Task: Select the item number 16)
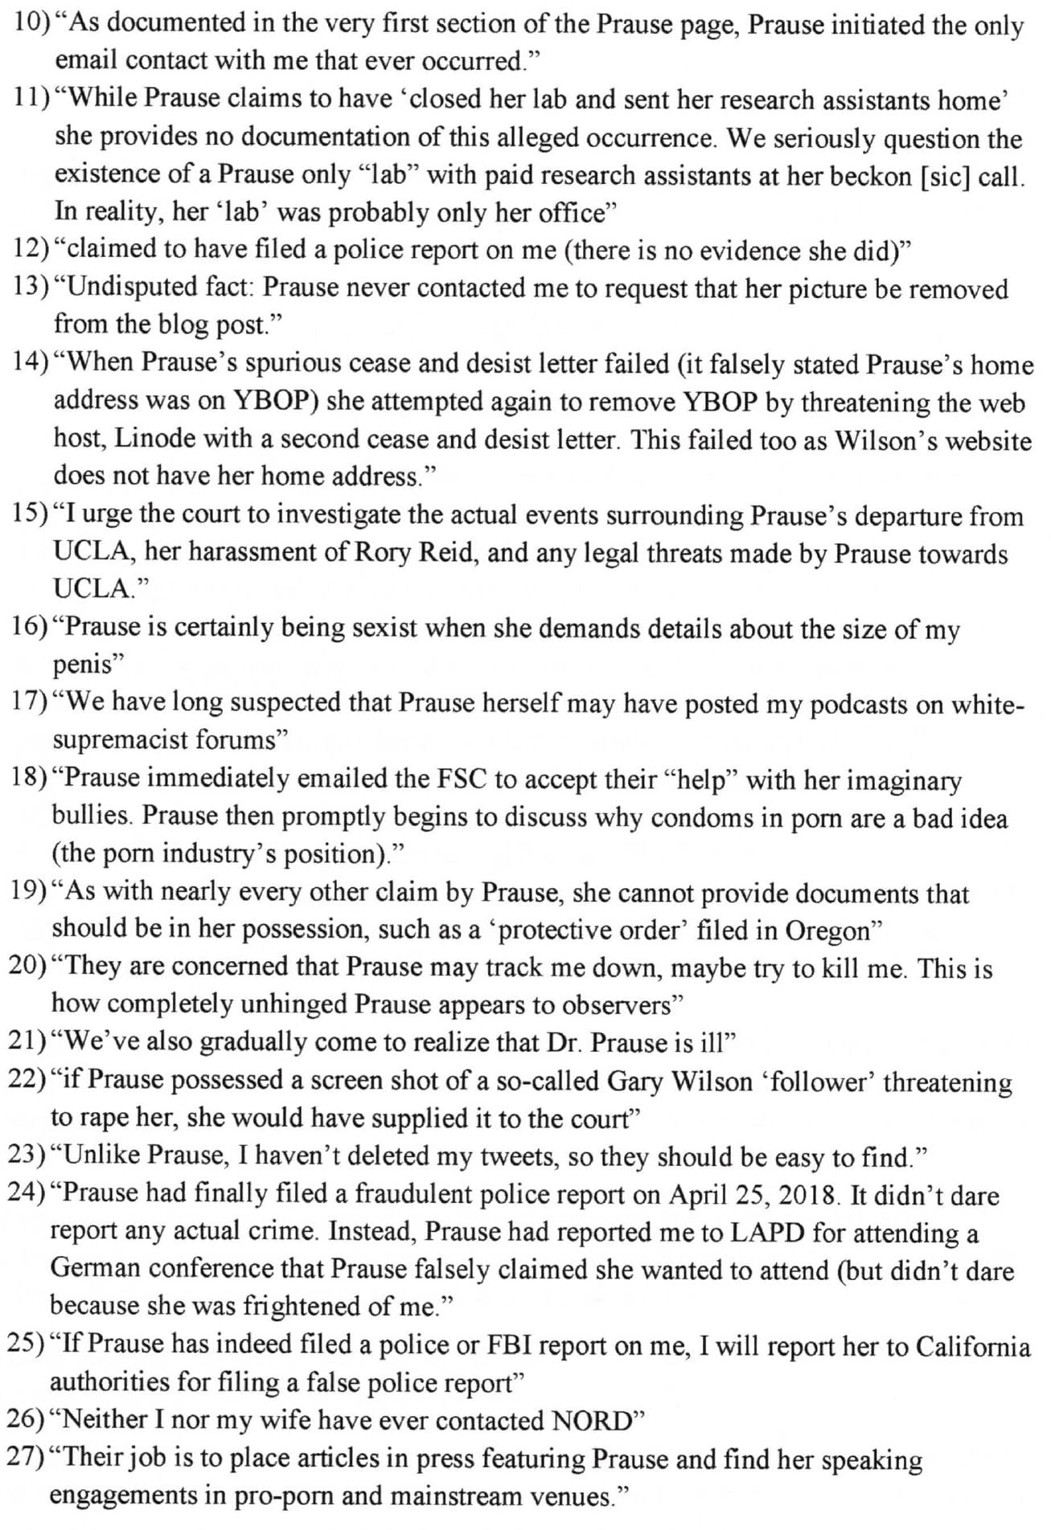point(30,627)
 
